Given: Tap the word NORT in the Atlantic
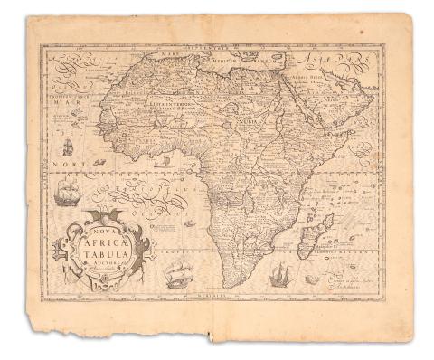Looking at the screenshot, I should [x=64, y=164].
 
